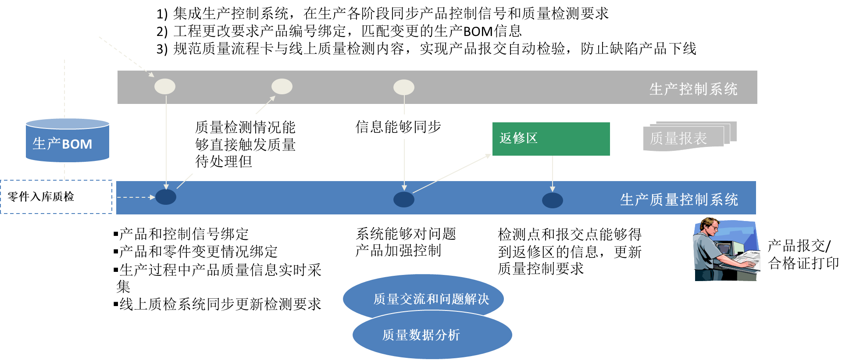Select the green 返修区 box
pyautogui.click(x=551, y=139)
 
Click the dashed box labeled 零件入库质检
pyautogui.click(x=56, y=196)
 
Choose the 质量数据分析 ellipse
pyautogui.click(x=432, y=335)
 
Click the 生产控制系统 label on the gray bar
pyautogui.click(x=693, y=89)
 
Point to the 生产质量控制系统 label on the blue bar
pyautogui.click(x=679, y=200)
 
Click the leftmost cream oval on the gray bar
pyautogui.click(x=165, y=86)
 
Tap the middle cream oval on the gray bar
pyautogui.click(x=282, y=86)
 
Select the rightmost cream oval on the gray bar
pyautogui.click(x=404, y=87)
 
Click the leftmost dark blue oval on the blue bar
pyautogui.click(x=166, y=197)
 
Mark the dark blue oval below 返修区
pyautogui.click(x=553, y=200)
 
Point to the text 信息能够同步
pyautogui.click(x=398, y=127)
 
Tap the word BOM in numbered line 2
pyautogui.click(x=478, y=32)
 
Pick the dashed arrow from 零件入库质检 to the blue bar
pyautogui.click(x=136, y=197)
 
